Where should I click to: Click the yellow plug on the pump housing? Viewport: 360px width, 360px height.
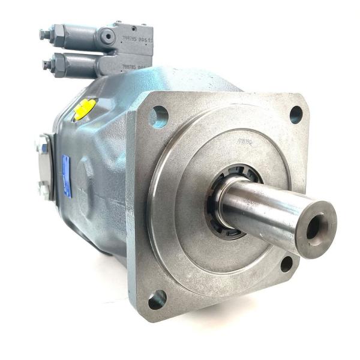pos(85,109)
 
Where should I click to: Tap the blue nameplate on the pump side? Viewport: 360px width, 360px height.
pos(66,176)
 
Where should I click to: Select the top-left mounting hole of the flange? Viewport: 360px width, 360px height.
pos(159,115)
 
